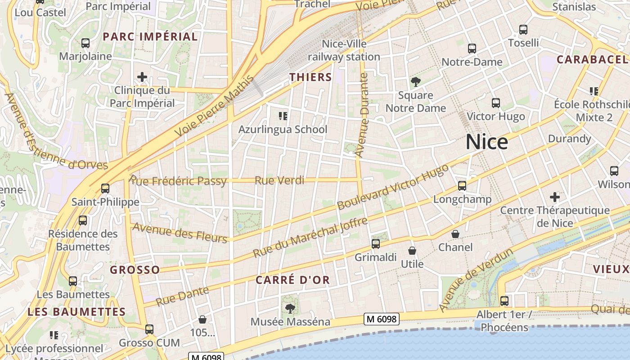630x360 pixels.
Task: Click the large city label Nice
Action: click(x=487, y=142)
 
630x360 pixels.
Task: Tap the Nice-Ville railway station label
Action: click(x=344, y=50)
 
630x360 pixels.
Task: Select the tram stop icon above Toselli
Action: click(x=523, y=30)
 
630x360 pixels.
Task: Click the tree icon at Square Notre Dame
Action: click(x=415, y=82)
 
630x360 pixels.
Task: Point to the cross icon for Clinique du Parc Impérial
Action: click(x=142, y=77)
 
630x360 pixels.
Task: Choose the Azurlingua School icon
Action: click(x=283, y=116)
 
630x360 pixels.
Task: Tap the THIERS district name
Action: click(x=310, y=77)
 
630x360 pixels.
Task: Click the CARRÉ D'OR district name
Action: click(x=293, y=280)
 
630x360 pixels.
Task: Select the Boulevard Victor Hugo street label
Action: click(x=393, y=187)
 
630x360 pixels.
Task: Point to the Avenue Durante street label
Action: click(x=362, y=115)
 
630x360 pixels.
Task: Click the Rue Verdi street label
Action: click(x=279, y=180)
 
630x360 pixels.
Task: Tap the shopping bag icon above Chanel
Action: click(x=455, y=234)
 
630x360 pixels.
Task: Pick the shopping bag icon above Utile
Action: click(x=412, y=251)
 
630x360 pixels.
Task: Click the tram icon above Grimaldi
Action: click(x=376, y=244)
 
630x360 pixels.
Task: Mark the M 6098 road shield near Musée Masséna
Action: click(x=381, y=319)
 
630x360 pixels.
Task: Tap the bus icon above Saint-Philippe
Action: click(x=105, y=188)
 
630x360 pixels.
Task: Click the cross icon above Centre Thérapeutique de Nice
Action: click(x=555, y=197)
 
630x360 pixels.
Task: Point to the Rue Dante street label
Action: click(x=183, y=294)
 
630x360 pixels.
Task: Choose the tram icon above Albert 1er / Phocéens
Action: click(x=504, y=301)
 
